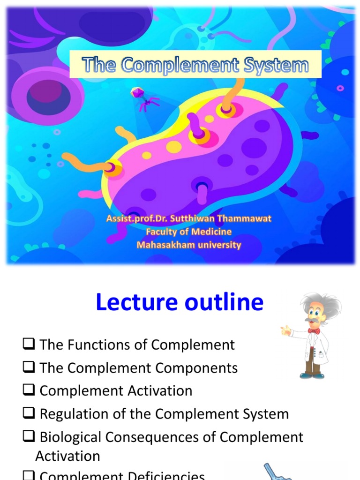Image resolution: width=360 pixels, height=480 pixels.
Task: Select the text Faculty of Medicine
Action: [x=188, y=232]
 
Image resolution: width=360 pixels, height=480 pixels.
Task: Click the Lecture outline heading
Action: [x=180, y=303]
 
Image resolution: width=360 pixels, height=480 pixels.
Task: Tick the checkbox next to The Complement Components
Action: [x=29, y=368]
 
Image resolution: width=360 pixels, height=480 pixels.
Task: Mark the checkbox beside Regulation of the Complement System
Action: [x=29, y=414]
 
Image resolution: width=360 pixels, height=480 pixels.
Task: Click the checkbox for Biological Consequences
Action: [x=29, y=437]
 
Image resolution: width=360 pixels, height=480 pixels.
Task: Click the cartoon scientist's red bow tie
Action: [x=314, y=331]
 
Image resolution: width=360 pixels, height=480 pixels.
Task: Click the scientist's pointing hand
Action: [x=285, y=331]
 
